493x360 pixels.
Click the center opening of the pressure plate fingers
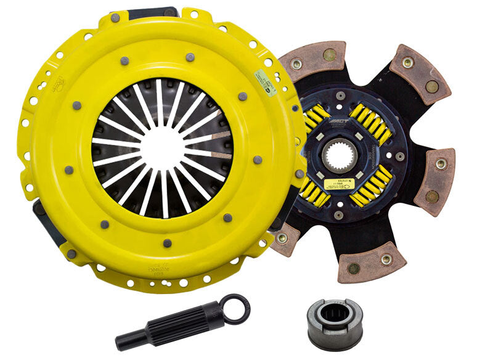(162, 146)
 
